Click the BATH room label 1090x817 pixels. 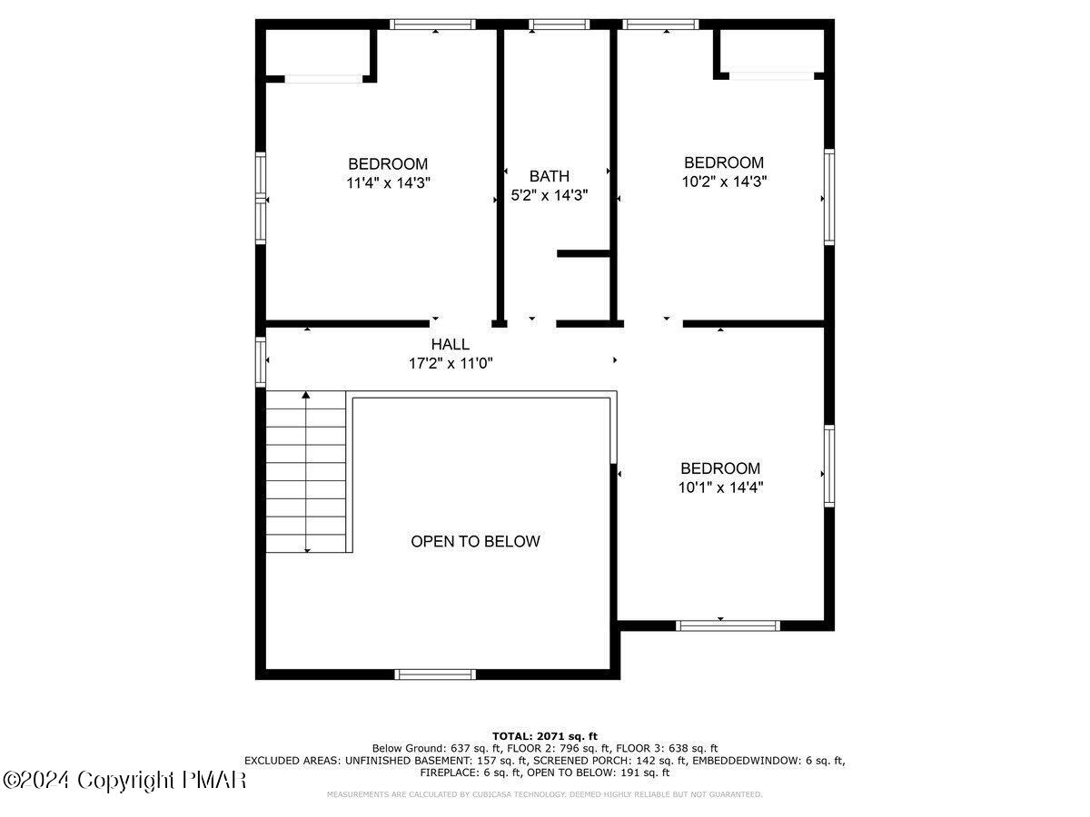pos(550,176)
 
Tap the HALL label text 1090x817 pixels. pos(451,345)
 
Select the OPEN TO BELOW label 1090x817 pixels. pos(475,542)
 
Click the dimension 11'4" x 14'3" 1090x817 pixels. pos(388,182)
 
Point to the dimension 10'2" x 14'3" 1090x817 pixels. pos(724,181)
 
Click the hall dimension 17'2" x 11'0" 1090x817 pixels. pos(451,363)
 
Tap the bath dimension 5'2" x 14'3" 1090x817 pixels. pos(550,194)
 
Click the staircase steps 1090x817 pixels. pos(306,472)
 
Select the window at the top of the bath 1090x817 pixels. pos(558,25)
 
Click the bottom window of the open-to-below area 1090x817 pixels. pos(435,674)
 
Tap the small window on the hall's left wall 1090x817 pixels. pos(261,361)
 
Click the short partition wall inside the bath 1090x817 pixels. pos(583,253)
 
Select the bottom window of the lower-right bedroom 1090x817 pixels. pos(728,625)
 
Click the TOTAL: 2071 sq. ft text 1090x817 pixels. pos(544,735)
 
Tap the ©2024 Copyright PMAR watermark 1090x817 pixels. pos(124,780)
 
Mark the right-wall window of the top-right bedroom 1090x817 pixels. pos(828,197)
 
